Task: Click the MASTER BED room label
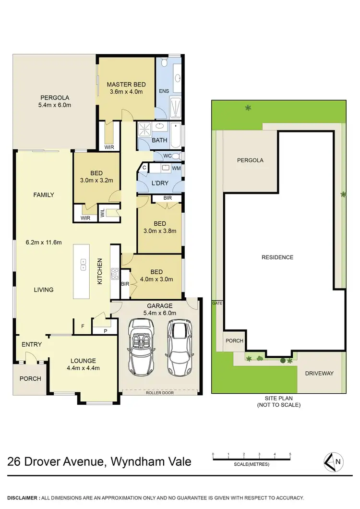tap(126, 85)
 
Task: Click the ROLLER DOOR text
tap(160, 392)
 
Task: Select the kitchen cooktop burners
tap(115, 273)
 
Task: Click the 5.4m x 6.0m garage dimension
tap(160, 313)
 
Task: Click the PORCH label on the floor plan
tap(30, 378)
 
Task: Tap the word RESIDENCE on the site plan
tap(277, 257)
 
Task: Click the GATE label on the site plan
tap(217, 303)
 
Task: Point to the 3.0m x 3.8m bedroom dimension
tap(160, 230)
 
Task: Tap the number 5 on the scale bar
tap(290, 453)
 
